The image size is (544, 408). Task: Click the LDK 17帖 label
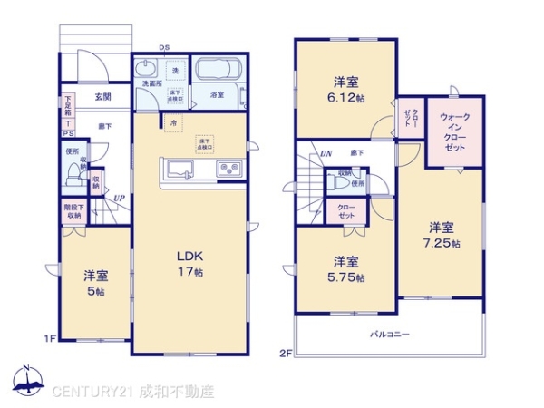pos(190,263)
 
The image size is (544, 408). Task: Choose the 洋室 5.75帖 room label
pos(347,270)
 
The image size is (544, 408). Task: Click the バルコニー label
pos(389,334)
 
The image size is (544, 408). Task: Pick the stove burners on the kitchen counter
pos(227,169)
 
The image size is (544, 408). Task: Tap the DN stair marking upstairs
pos(325,153)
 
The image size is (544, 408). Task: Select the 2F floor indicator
pos(284,353)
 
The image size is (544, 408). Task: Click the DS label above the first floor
pos(164,48)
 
